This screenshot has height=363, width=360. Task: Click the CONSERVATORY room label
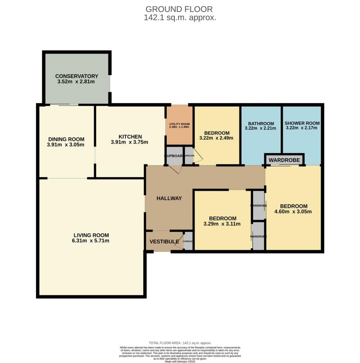(76, 76)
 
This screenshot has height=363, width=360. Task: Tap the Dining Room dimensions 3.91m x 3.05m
(66, 145)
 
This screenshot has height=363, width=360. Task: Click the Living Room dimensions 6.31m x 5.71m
(91, 241)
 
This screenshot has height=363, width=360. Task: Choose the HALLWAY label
(169, 198)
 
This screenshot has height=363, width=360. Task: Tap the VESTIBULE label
(164, 241)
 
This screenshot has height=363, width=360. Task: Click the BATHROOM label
(261, 123)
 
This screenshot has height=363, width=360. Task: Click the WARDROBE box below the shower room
(284, 160)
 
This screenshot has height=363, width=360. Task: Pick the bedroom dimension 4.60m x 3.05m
(293, 211)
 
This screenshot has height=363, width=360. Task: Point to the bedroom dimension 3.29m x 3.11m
(222, 224)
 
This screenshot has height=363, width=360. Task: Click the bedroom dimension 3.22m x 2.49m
(217, 138)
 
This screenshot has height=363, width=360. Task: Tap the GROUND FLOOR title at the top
(179, 9)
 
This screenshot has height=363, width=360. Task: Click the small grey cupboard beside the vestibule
(188, 241)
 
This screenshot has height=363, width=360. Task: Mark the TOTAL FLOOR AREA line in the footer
(180, 343)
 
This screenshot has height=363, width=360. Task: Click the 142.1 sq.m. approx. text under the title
(180, 17)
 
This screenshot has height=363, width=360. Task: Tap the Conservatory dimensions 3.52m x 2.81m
(76, 82)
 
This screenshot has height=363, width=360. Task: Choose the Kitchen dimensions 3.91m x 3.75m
(130, 142)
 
